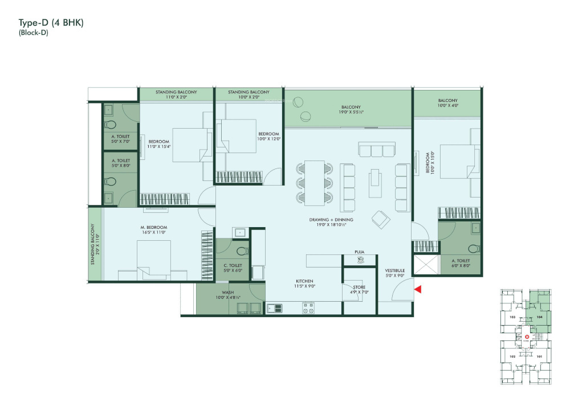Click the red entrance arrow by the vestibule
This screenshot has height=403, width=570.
pyautogui.click(x=418, y=290)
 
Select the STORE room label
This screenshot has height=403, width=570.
pyautogui.click(x=359, y=287)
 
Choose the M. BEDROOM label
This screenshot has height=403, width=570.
pyautogui.click(x=153, y=227)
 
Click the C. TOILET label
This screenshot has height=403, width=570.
pyautogui.click(x=233, y=265)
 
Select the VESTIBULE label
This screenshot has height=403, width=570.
pyautogui.click(x=394, y=270)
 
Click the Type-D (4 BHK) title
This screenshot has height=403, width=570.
pyautogui.click(x=51, y=23)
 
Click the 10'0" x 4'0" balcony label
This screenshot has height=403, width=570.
pyautogui.click(x=447, y=101)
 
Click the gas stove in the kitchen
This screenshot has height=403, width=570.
pyautogui.click(x=308, y=308)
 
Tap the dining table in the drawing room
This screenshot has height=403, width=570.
pyautogui.click(x=313, y=183)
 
